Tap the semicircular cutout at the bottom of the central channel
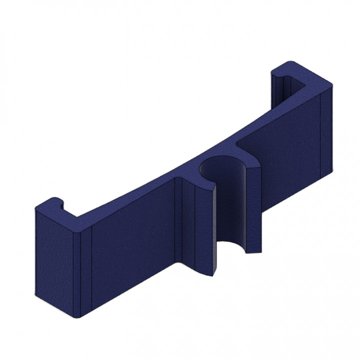(x=232, y=246)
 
